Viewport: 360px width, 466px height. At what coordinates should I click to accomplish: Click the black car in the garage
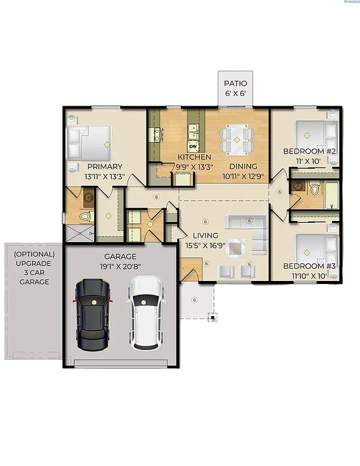[x=92, y=313]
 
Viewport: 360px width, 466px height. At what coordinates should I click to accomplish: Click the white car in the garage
[x=146, y=313]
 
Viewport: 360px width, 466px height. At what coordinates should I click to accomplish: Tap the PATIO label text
[x=236, y=83]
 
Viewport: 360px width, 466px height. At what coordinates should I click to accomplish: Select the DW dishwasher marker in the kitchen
[x=194, y=146]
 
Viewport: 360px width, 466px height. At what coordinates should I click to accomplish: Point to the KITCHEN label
[x=194, y=157]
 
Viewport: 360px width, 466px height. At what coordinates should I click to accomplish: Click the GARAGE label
[x=120, y=257]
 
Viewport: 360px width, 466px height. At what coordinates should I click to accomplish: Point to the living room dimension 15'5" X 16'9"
[x=205, y=245]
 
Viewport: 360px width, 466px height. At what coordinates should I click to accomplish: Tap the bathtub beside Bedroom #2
[x=333, y=194]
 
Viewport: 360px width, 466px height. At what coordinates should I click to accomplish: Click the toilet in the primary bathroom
[x=86, y=215]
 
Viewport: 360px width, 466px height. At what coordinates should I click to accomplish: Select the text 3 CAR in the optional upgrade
[x=35, y=273]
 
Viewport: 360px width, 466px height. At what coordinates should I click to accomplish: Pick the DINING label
[x=243, y=166]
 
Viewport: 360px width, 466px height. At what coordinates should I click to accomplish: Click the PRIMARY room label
[x=104, y=167]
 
